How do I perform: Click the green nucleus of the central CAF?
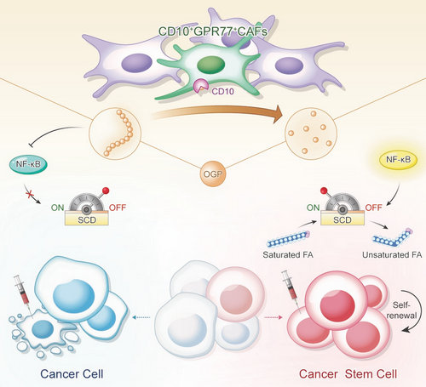coord(210,65)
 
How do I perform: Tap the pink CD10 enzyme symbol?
coord(200,86)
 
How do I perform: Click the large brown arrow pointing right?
coord(217,113)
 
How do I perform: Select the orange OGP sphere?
coord(213,174)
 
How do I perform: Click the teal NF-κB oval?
coord(28,164)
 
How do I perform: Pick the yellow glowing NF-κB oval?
coord(398,160)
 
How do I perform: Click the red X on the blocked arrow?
coord(29,194)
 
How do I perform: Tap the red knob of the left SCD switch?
coord(106,191)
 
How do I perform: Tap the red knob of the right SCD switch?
coord(324,191)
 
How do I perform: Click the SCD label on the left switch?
coord(87,220)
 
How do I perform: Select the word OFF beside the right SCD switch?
coord(373,208)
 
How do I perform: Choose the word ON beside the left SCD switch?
coord(57,208)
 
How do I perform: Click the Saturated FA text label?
coord(288,254)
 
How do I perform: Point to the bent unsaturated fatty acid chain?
coord(393,237)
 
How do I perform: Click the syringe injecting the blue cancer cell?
coord(23,293)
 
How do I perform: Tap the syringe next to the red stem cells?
coord(291,289)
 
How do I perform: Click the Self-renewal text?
coord(401,310)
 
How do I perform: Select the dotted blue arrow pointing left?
coord(141,317)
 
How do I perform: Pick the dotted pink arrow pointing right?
coord(273,317)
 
